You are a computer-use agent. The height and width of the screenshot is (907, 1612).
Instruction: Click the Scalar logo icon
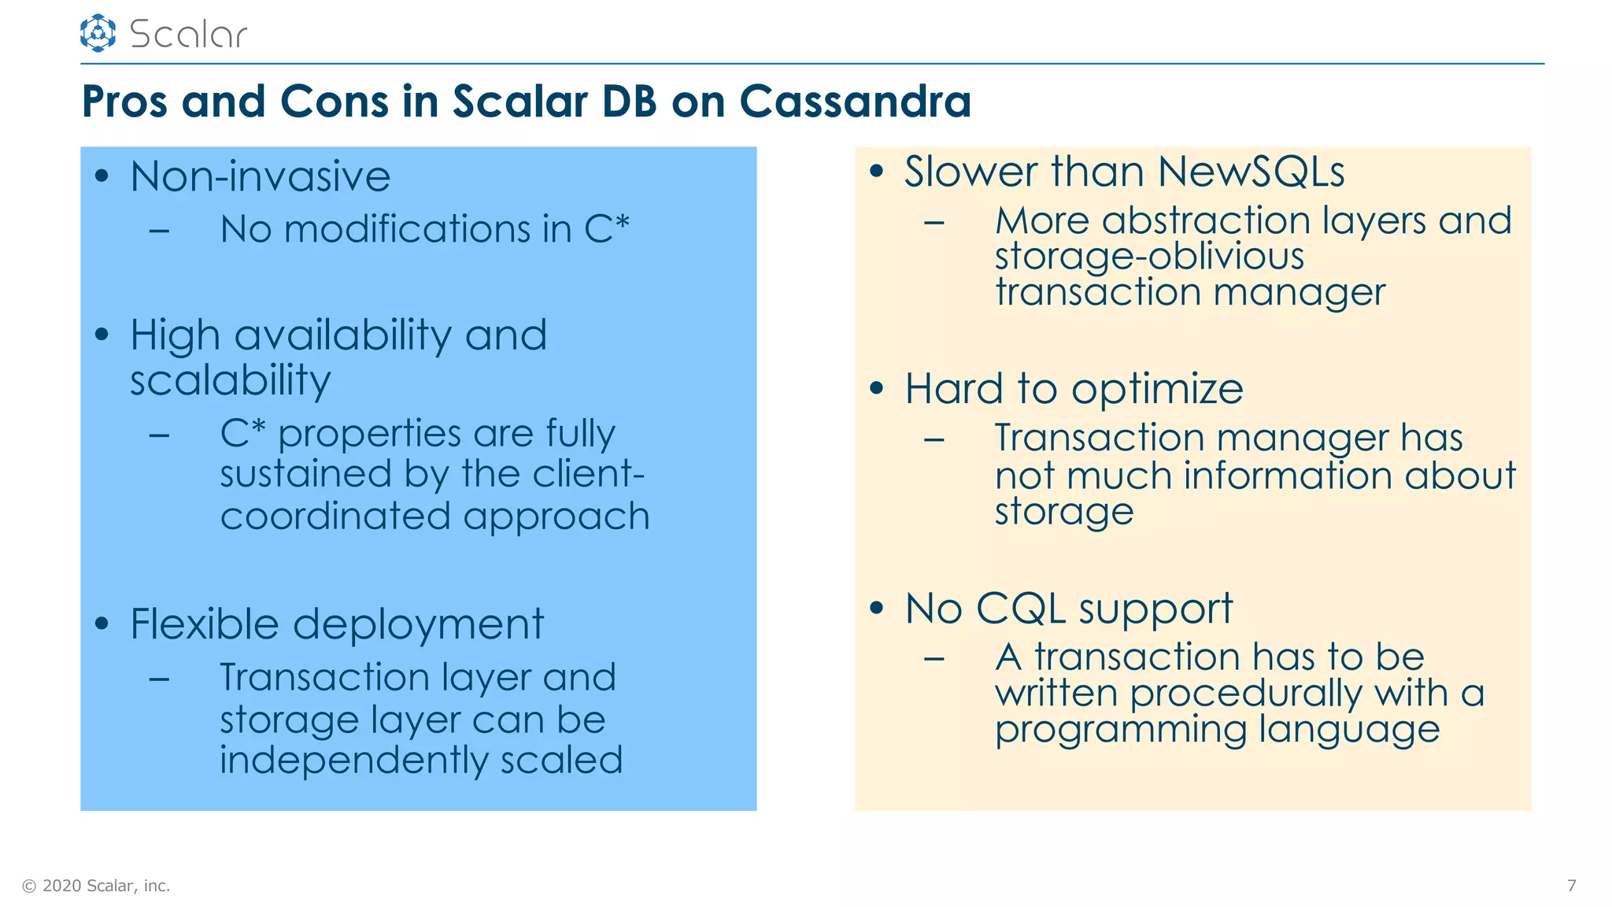coord(98,33)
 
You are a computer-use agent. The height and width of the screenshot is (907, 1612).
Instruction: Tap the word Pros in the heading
coord(124,102)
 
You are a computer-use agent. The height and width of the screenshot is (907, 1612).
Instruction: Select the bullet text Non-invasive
coord(260,176)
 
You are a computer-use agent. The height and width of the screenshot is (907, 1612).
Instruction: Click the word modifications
coord(407,229)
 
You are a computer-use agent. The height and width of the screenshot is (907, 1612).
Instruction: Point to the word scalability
coord(230,380)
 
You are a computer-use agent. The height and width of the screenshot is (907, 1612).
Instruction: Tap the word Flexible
coord(204,624)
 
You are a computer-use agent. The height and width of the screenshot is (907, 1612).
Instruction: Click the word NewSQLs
coord(1252,172)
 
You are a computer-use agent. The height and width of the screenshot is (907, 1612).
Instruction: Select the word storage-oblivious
coord(1149,256)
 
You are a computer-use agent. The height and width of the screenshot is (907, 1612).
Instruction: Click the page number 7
coord(1571,886)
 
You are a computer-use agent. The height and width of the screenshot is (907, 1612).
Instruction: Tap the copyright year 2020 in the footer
coord(61,886)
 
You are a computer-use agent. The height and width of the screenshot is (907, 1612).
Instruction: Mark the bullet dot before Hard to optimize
coord(877,388)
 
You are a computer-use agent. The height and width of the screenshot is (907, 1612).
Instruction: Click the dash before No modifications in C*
coord(159,231)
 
